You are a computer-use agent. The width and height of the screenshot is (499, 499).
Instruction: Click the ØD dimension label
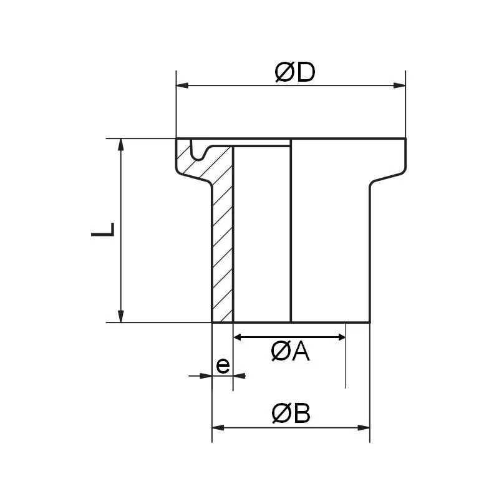(x=294, y=73)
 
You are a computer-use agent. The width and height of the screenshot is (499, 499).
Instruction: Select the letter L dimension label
(x=104, y=230)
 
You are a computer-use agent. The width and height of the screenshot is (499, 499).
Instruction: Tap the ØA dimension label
(x=290, y=352)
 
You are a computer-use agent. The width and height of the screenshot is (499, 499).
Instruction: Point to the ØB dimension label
(x=291, y=414)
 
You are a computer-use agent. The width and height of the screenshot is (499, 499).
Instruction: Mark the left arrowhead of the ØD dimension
(x=182, y=86)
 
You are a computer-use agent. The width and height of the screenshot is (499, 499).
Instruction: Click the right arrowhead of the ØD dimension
(x=400, y=86)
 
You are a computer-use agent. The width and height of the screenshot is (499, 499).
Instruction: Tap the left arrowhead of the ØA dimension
(x=238, y=337)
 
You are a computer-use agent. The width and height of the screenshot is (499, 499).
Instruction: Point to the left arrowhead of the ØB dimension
(x=218, y=428)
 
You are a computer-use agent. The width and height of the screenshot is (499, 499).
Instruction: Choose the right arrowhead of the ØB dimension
(x=365, y=428)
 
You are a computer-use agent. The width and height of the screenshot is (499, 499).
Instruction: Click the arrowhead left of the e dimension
(x=206, y=375)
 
